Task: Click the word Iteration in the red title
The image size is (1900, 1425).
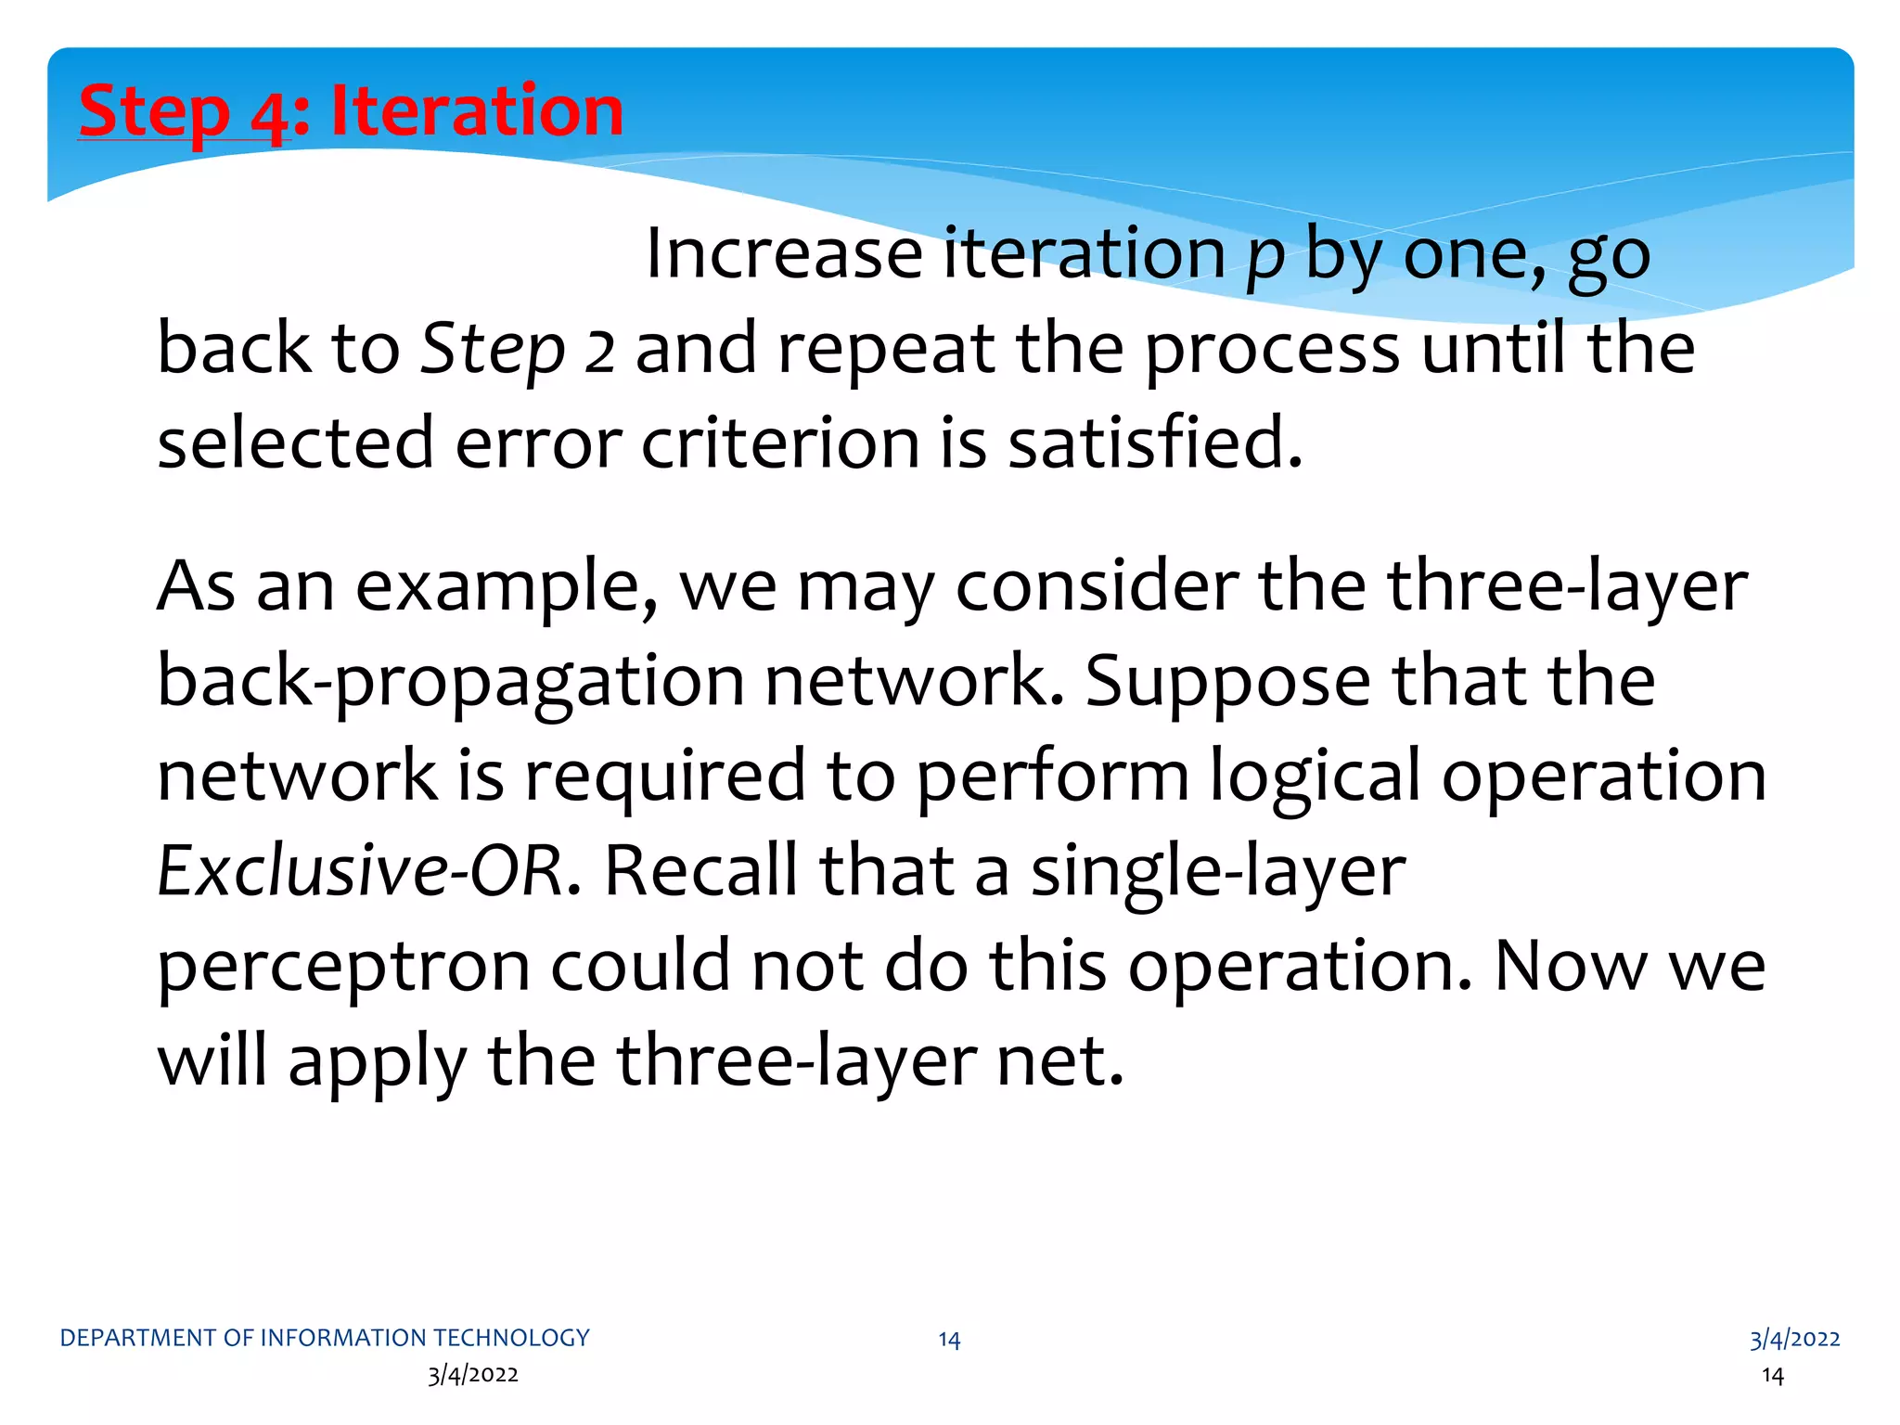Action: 477,110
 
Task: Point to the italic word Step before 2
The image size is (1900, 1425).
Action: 493,351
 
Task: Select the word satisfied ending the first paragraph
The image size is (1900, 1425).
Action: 1155,443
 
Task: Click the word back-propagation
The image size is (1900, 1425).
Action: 450,683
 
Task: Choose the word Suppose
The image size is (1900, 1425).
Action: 1227,682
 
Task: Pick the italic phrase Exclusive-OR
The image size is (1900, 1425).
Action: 360,871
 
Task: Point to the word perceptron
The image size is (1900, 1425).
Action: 343,967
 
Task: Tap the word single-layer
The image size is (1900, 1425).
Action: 1218,873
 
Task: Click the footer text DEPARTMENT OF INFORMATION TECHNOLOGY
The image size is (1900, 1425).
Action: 325,1338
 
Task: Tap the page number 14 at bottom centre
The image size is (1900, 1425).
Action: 949,1340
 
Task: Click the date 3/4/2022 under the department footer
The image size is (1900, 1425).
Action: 473,1375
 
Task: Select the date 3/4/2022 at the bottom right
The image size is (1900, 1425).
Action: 1794,1339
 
